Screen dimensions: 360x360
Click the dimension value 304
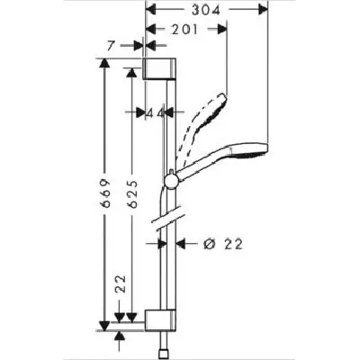206,11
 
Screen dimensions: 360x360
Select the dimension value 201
184,30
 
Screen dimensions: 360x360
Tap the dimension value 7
111,46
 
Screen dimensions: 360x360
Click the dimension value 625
132,194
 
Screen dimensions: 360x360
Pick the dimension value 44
156,113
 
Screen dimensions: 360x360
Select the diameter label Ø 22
222,244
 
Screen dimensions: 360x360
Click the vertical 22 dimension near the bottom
120,283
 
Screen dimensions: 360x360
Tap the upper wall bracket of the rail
158,68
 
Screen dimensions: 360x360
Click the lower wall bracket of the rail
160,320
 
